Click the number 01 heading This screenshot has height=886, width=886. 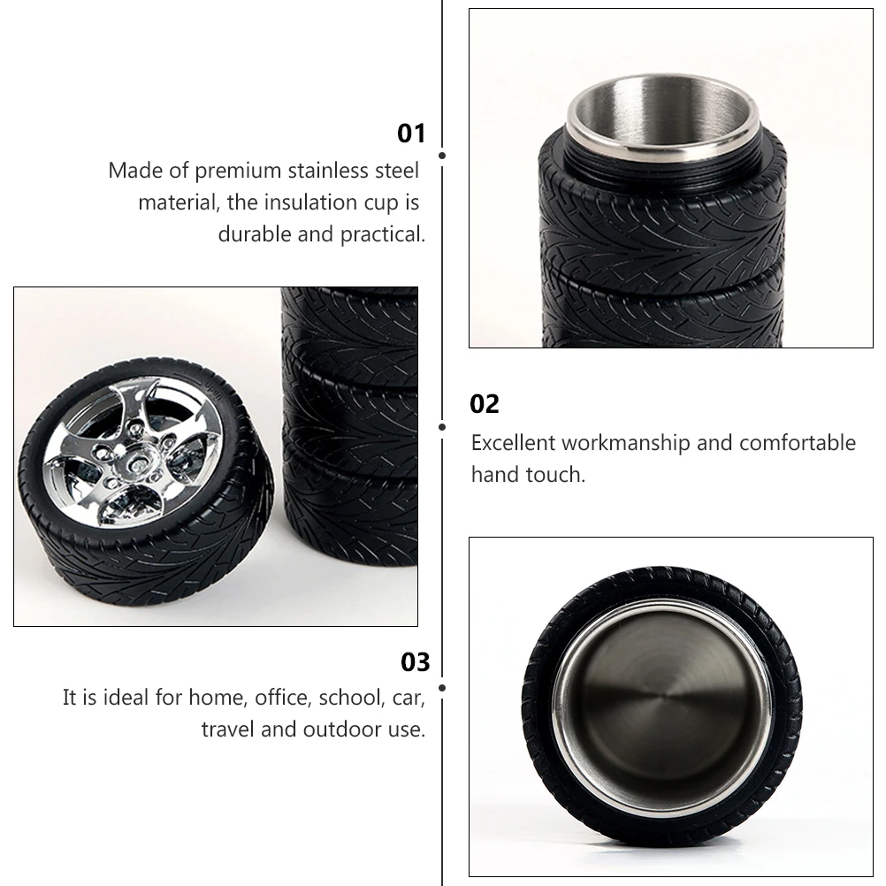tap(411, 134)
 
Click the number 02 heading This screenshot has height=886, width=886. tap(485, 404)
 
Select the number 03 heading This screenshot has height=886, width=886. tap(415, 662)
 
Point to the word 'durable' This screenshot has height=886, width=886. tap(252, 234)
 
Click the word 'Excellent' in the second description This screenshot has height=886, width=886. tap(513, 442)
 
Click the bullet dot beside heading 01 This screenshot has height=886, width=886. tap(441, 156)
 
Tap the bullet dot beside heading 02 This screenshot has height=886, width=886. tap(441, 426)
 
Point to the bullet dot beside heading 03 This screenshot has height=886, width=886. tap(441, 686)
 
